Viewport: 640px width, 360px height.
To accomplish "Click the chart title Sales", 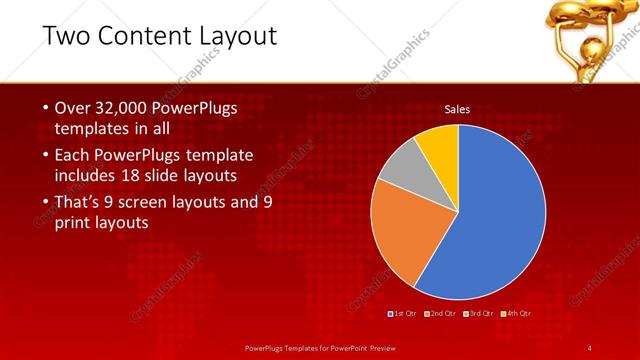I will click(458, 109).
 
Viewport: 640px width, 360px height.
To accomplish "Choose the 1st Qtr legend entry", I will click(403, 313).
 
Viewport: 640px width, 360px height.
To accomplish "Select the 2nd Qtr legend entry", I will click(441, 313).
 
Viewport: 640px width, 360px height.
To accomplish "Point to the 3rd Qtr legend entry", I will click(478, 313).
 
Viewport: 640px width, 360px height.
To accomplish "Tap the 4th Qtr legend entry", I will click(516, 313).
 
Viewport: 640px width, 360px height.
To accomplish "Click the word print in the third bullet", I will click(75, 223).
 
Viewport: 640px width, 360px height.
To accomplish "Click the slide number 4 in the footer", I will click(590, 347).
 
